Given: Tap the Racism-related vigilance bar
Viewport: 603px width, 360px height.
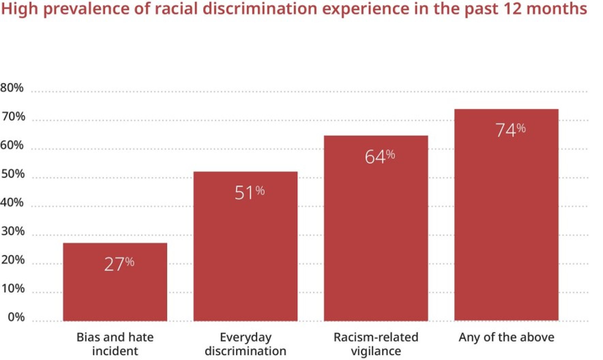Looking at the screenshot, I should click(x=376, y=239).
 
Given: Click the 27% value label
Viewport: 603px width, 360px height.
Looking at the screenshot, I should click(x=119, y=264).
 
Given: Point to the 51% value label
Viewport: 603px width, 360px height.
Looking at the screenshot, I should click(x=249, y=192).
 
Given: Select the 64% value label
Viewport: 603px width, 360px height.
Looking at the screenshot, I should click(x=380, y=156).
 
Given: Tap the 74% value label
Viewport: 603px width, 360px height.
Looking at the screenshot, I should click(x=510, y=130).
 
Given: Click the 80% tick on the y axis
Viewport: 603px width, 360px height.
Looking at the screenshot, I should click(x=12, y=88).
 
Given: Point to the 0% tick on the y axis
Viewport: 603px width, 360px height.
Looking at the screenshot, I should click(x=16, y=317).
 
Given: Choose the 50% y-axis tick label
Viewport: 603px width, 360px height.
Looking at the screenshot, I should click(x=13, y=174).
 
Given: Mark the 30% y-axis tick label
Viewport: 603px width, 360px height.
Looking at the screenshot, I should click(x=13, y=231).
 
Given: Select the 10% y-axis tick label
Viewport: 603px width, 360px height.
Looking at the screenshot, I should click(x=13, y=288).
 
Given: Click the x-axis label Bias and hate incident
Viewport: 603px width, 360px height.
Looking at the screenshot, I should click(x=115, y=344).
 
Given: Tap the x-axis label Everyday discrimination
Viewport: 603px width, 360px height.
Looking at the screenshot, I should click(x=245, y=344).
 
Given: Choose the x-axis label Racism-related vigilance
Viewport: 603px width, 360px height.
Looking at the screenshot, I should click(x=376, y=344).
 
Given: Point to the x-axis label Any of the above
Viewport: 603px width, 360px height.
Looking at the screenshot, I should click(x=506, y=337).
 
